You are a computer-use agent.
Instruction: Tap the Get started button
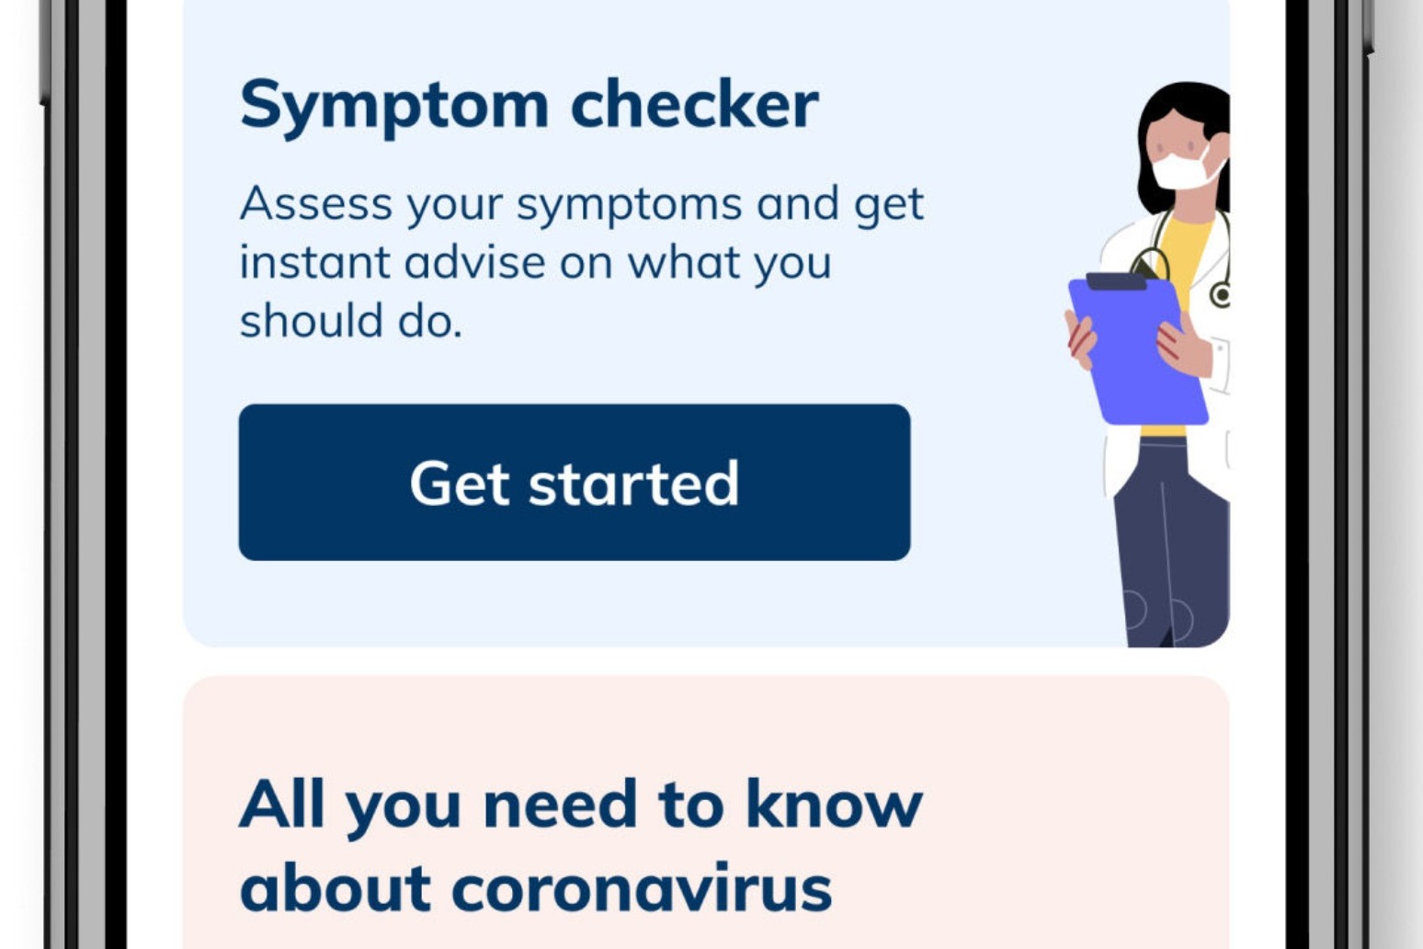point(575,482)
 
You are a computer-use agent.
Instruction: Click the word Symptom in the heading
point(394,108)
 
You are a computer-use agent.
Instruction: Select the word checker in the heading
point(694,102)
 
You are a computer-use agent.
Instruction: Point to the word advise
point(474,261)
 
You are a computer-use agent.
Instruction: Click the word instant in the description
point(314,262)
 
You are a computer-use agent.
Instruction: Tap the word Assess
point(315,203)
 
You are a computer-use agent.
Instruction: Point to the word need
point(560,804)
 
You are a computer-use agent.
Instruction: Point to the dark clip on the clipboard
point(1116,280)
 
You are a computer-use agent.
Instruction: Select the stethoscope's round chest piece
point(1221,295)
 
